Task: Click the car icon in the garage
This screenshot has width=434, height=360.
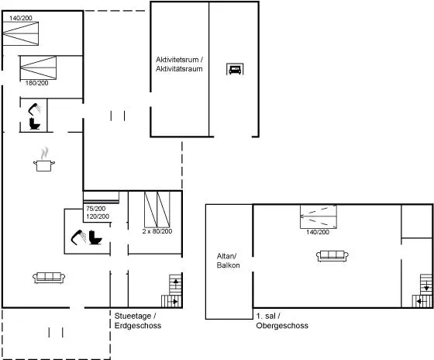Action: (x=235, y=69)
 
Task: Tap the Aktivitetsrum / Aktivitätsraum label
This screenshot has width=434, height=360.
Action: (x=179, y=64)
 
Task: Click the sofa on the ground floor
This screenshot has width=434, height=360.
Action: (x=49, y=278)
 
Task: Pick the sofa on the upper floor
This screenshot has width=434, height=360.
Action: (x=332, y=256)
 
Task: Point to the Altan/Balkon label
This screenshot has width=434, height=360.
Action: (x=228, y=261)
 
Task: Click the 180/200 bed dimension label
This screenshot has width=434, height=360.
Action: (x=37, y=83)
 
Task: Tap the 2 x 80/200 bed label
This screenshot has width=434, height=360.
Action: (x=157, y=231)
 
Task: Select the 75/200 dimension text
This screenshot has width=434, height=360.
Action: (x=96, y=209)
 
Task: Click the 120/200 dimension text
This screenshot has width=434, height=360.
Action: (x=98, y=216)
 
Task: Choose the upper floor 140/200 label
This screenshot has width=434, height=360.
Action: (x=318, y=232)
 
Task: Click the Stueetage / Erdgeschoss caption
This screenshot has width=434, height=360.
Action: (x=138, y=320)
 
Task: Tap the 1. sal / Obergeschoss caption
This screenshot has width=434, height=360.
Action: (x=282, y=320)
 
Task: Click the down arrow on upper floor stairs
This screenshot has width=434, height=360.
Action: (x=426, y=286)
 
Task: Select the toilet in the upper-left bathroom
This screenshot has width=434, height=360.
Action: (x=35, y=124)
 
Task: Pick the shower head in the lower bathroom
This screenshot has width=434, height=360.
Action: (x=78, y=237)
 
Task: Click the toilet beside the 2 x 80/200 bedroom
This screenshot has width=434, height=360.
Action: (x=95, y=237)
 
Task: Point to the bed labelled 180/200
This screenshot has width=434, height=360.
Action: (x=38, y=68)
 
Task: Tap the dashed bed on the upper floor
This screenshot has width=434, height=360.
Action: (x=319, y=216)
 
